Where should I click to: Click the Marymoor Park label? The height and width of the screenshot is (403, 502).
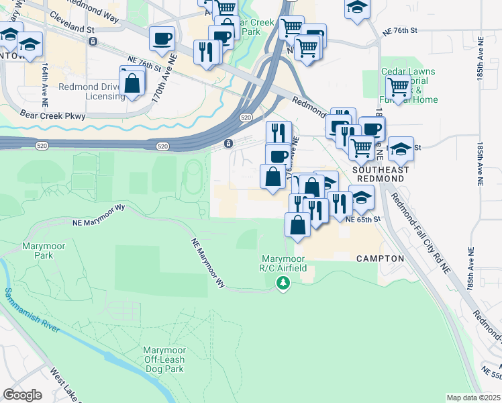(44, 251)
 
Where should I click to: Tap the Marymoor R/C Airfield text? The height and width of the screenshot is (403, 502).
(283, 263)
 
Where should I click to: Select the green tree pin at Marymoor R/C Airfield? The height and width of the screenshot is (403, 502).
(283, 284)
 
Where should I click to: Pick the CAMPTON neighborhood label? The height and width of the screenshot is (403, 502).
(380, 259)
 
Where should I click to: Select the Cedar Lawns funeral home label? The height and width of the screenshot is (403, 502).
(409, 85)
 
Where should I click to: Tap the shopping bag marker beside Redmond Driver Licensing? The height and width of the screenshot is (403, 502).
(133, 84)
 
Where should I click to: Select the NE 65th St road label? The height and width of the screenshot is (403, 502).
(363, 219)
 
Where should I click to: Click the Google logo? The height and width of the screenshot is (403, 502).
(22, 395)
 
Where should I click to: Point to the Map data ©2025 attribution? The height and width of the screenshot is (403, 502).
(473, 398)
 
